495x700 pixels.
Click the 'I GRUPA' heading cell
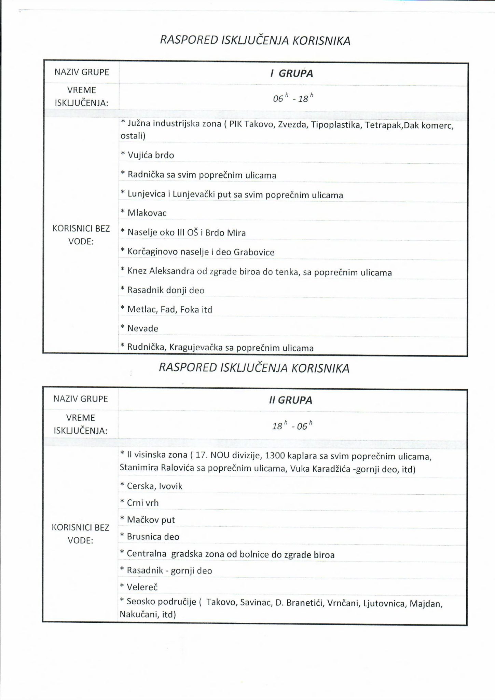pyautogui.click(x=291, y=73)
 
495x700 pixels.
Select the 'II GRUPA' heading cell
pyautogui.click(x=290, y=400)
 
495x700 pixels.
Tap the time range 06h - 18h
pyautogui.click(x=293, y=99)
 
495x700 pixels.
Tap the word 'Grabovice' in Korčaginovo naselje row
pyautogui.click(x=254, y=252)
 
